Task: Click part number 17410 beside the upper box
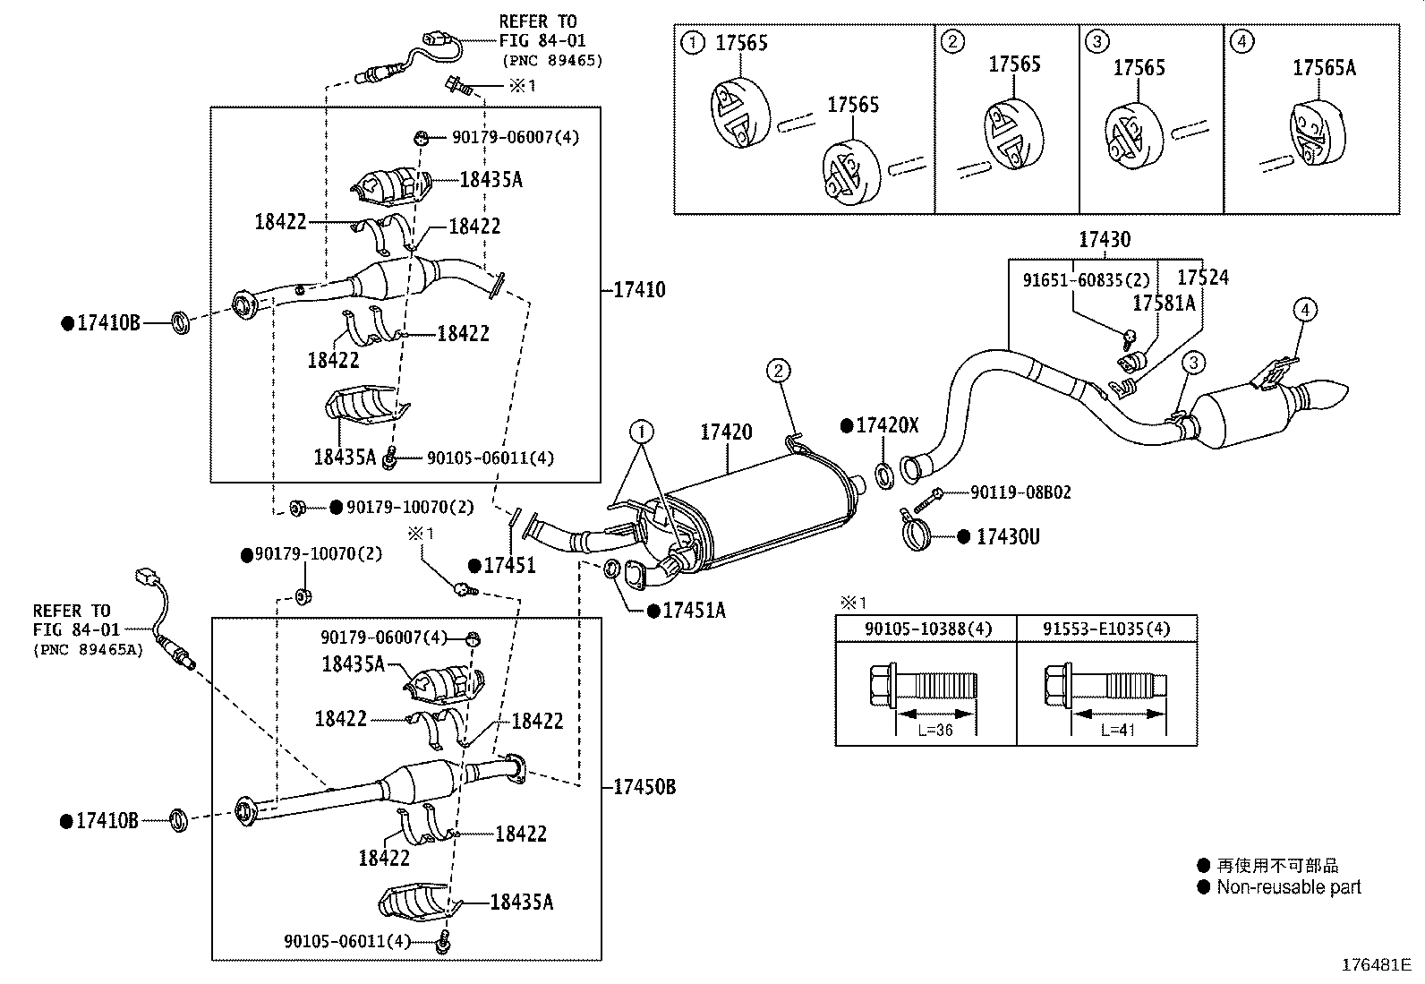[x=639, y=290]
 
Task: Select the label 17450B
[x=644, y=787]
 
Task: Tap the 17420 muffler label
[x=726, y=432]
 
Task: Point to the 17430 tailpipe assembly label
[x=1105, y=240]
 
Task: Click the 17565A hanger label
[x=1324, y=67]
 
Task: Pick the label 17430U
[x=1008, y=537]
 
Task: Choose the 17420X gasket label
[x=887, y=425]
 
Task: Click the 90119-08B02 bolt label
[x=1020, y=492]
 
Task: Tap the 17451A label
[x=694, y=611]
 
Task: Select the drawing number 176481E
[x=1376, y=965]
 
